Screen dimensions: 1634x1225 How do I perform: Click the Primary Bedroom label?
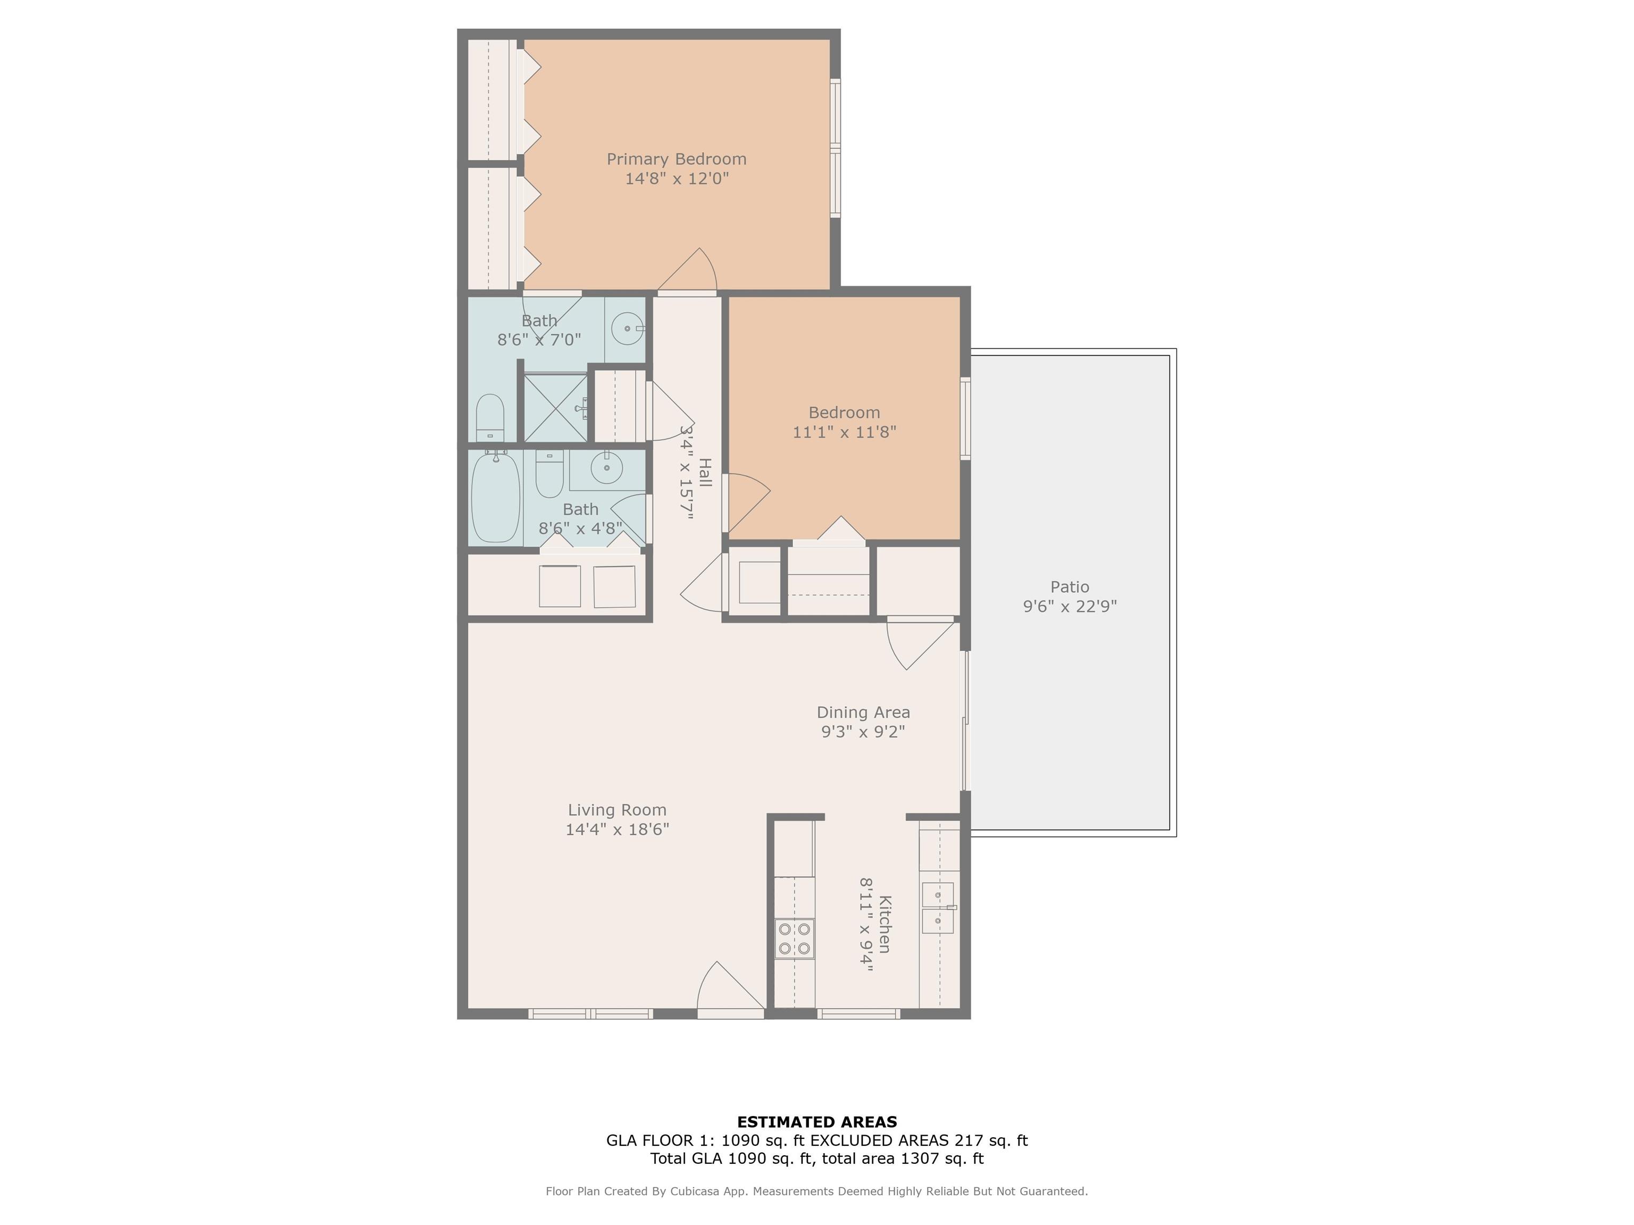(x=677, y=160)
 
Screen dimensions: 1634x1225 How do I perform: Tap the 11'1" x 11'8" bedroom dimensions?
(x=844, y=432)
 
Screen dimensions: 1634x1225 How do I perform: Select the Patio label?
(x=1070, y=587)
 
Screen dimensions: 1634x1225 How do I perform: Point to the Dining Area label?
(x=863, y=712)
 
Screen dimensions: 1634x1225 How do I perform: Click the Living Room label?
(x=617, y=810)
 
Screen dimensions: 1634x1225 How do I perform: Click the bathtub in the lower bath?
(x=496, y=498)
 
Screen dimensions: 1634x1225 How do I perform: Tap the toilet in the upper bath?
(x=490, y=417)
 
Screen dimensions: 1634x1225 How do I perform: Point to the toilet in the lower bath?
(x=549, y=474)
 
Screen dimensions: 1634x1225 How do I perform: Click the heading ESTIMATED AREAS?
(x=817, y=1122)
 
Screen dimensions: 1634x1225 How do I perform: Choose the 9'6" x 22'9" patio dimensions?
(x=1070, y=606)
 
